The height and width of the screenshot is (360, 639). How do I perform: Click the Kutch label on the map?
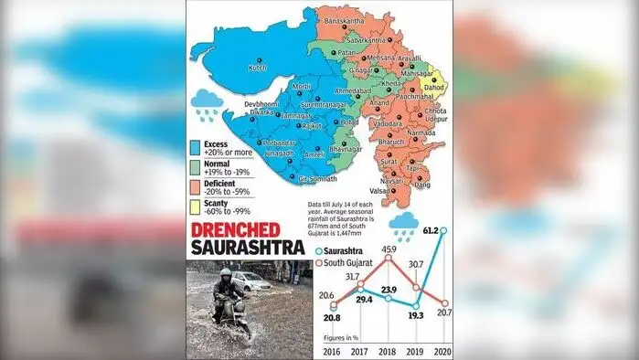point(257,68)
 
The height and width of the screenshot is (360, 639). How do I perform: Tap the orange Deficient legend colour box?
point(195,187)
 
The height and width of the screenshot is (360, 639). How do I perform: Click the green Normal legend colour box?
point(195,167)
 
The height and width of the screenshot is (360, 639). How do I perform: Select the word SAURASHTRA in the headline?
point(247,247)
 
